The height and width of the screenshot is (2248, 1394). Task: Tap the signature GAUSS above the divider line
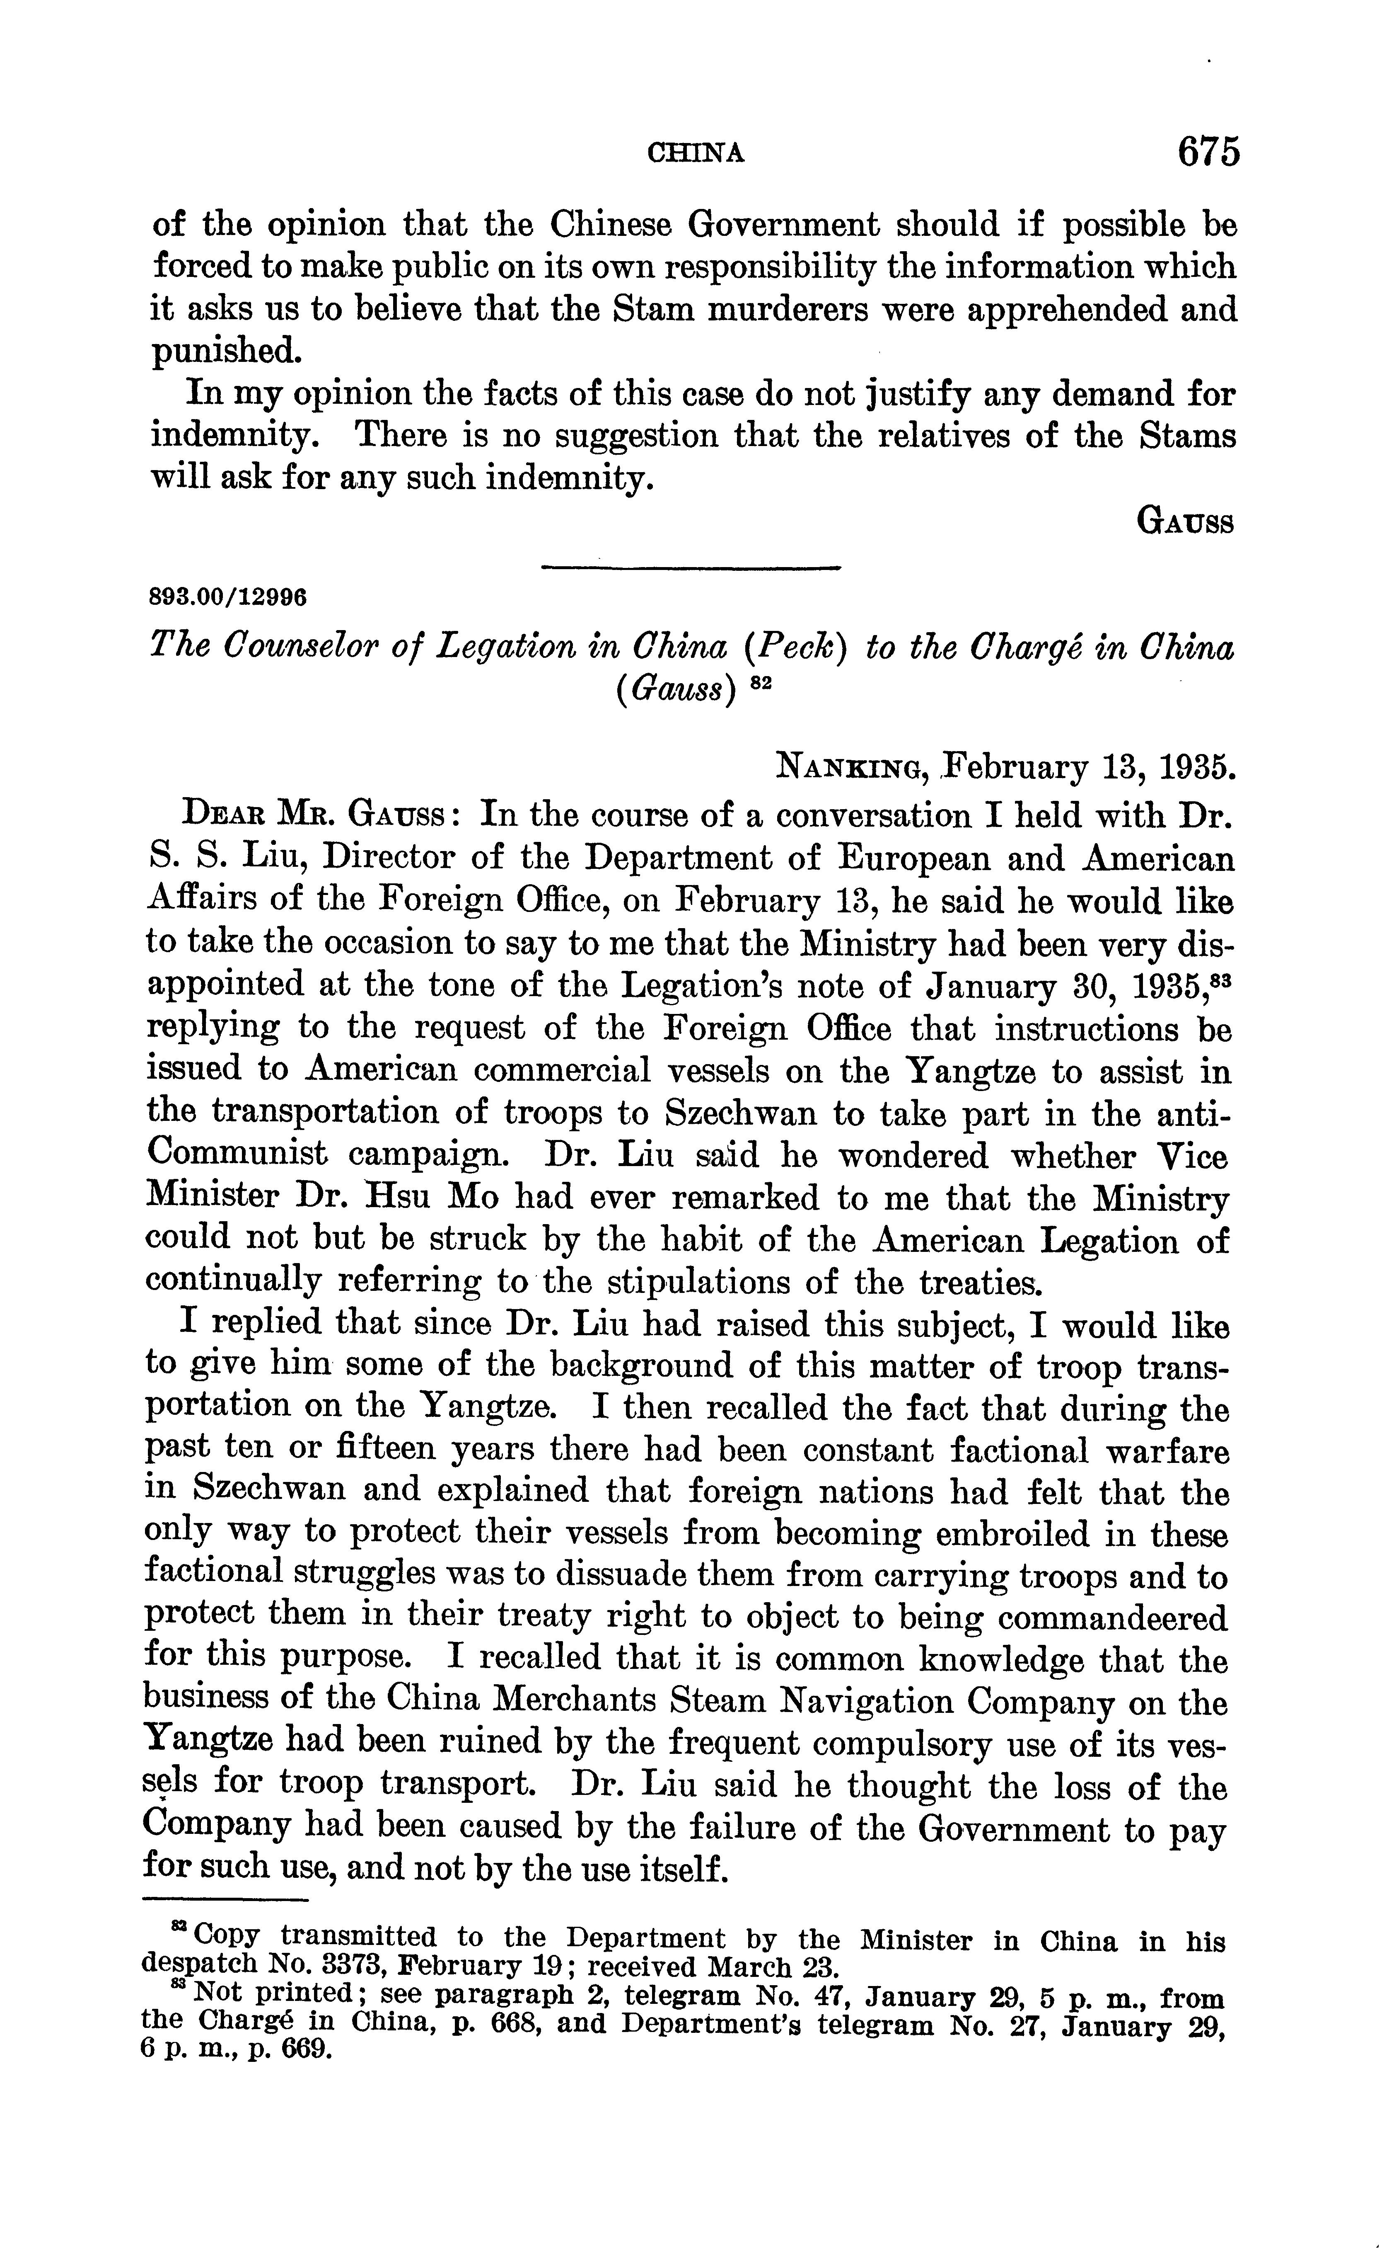1186,523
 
